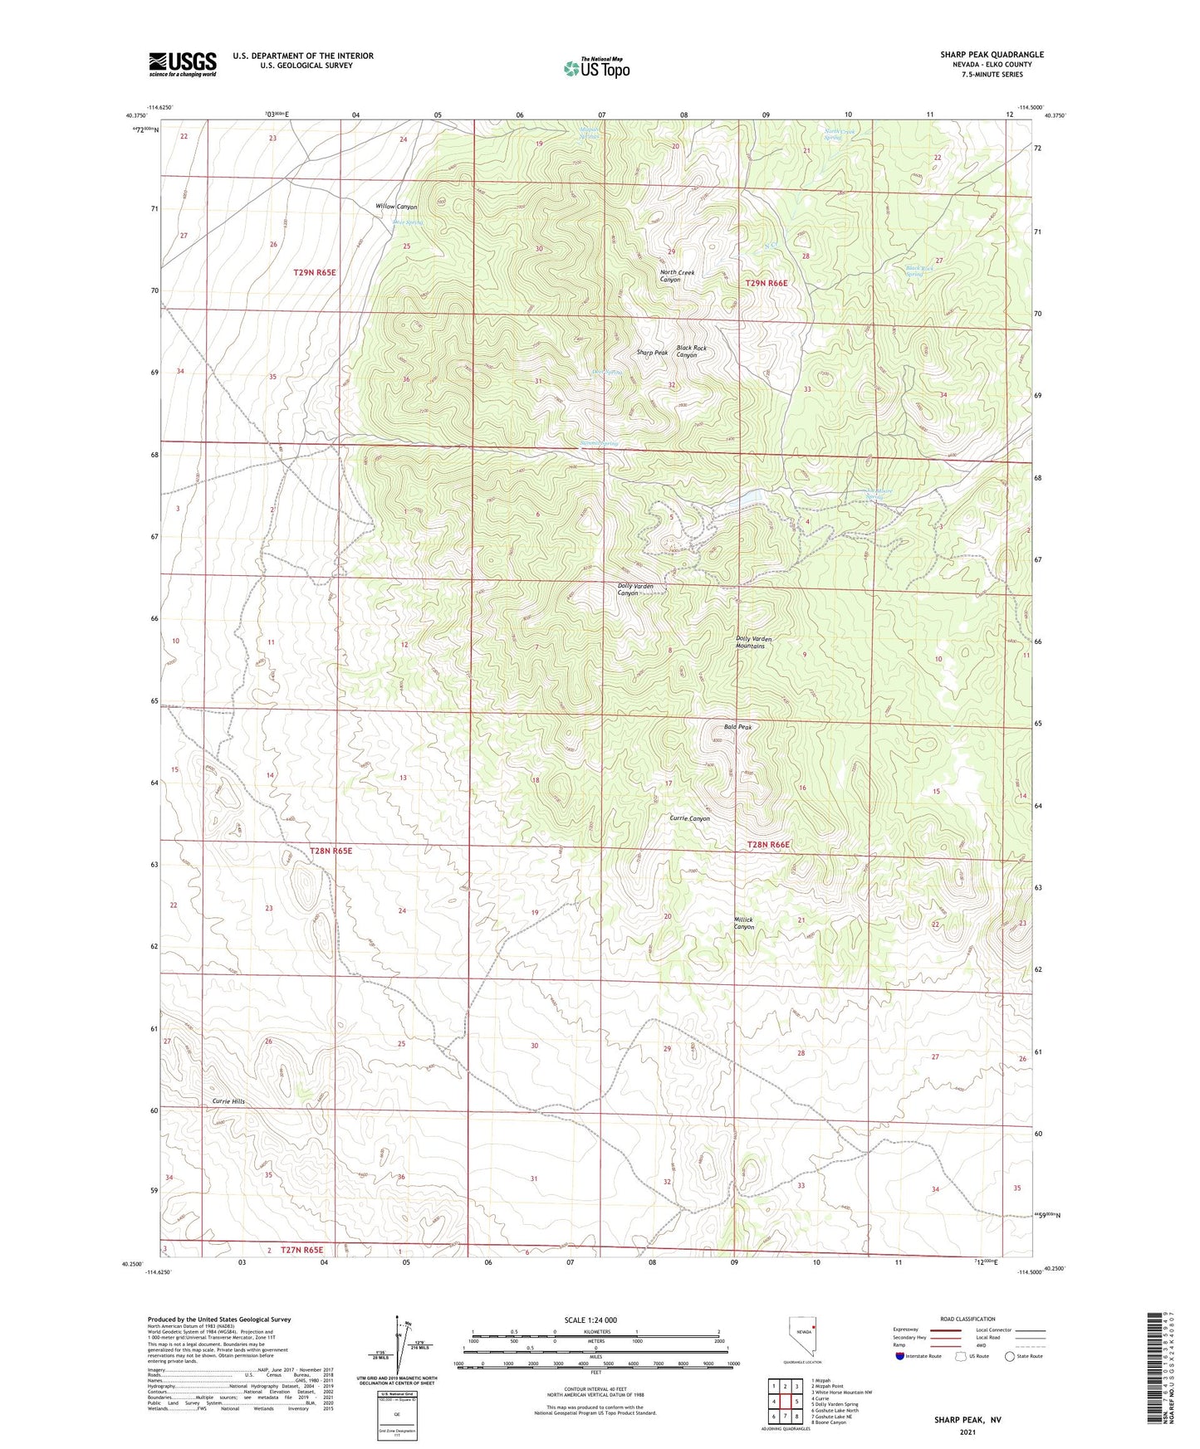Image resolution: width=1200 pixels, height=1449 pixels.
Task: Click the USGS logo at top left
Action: click(x=182, y=64)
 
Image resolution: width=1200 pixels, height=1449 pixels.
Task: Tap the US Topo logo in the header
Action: click(x=596, y=68)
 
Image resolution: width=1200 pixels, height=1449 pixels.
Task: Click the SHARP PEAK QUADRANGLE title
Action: click(x=992, y=55)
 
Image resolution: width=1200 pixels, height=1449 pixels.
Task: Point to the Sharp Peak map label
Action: click(x=652, y=353)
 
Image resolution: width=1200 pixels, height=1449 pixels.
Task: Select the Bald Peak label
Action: click(x=737, y=727)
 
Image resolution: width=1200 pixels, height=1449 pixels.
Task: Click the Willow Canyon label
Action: click(x=396, y=207)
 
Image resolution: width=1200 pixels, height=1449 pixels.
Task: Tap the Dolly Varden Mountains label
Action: click(x=754, y=642)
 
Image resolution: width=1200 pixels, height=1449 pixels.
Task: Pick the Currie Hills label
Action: click(x=228, y=1101)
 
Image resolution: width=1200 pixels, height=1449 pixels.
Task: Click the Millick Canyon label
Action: click(x=744, y=924)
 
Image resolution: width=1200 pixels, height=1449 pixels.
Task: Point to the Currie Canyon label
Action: click(x=689, y=818)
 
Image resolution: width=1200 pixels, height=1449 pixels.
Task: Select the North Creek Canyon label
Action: click(x=677, y=276)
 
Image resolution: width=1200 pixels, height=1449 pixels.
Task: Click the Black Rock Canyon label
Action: click(x=691, y=352)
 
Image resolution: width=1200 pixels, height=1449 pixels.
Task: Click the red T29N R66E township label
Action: click(x=766, y=284)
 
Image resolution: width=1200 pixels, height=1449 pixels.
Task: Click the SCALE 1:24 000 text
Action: click(x=590, y=1320)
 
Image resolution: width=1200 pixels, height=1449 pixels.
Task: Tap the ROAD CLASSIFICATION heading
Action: click(x=967, y=1319)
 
